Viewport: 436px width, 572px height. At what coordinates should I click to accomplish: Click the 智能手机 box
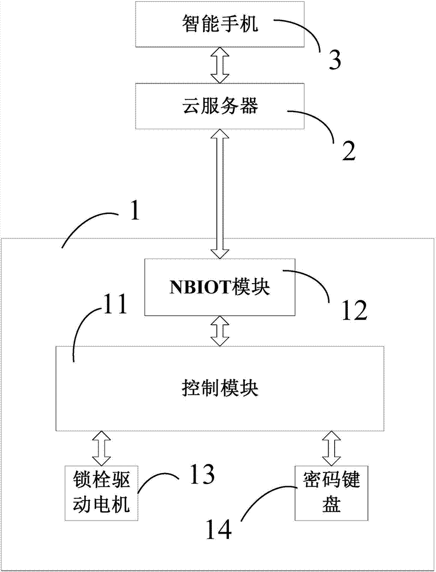point(219,25)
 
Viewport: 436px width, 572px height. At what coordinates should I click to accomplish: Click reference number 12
point(352,309)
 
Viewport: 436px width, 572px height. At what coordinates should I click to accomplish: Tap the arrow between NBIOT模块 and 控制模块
point(219,331)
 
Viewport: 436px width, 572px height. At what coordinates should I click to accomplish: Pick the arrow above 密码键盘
point(330,448)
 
